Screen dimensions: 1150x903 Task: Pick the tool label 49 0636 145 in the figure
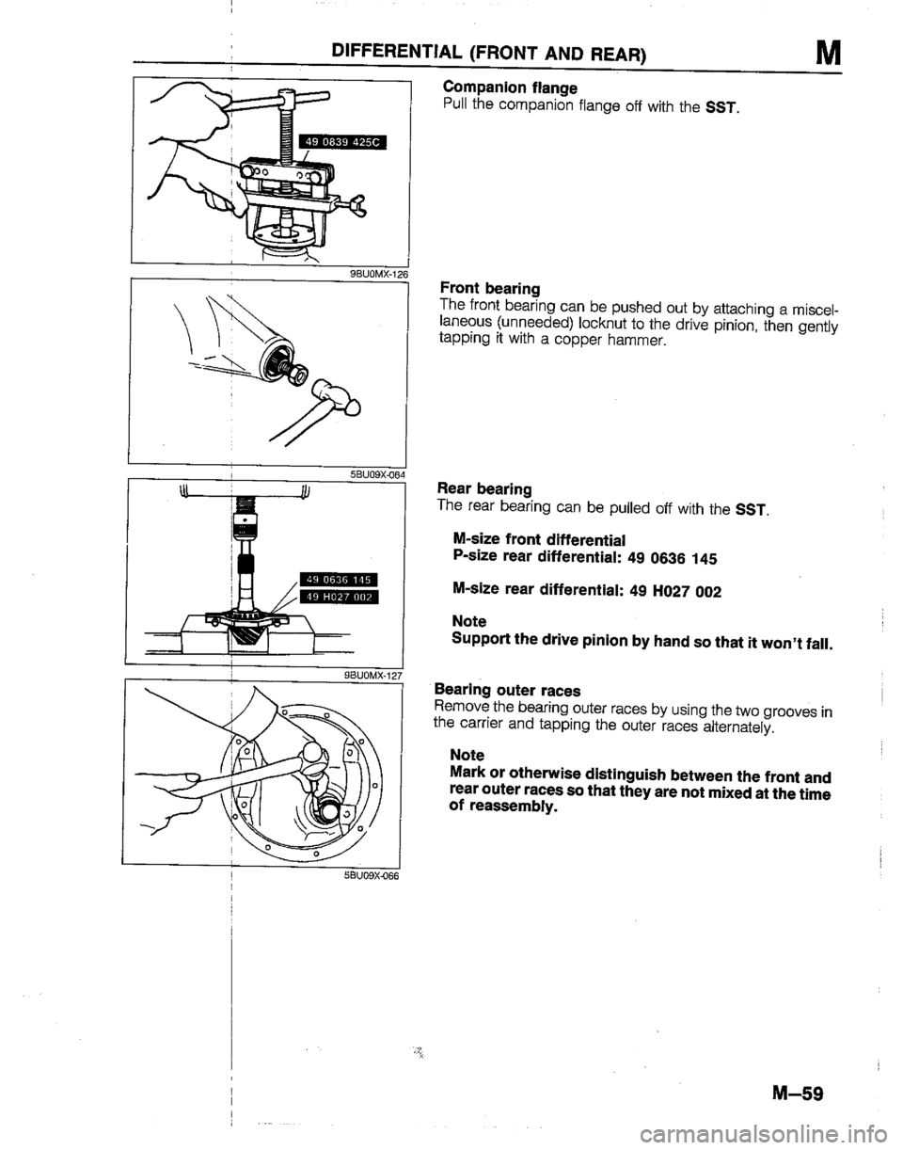[337, 580]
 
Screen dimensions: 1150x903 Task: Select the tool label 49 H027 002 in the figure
[337, 596]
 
